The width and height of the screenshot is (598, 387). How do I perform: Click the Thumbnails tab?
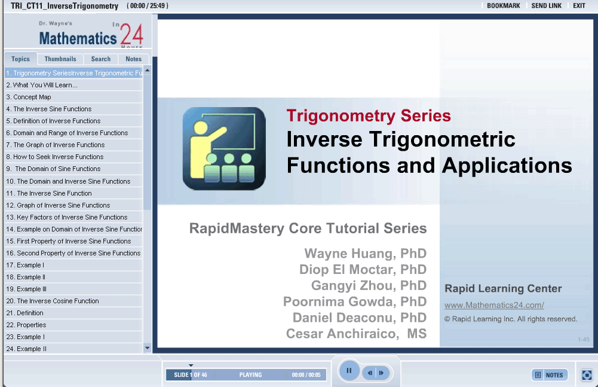click(60, 59)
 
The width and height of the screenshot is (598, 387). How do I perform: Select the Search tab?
click(101, 59)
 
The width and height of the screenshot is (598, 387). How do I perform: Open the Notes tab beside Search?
click(133, 59)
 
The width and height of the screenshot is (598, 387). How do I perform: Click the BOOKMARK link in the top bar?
click(504, 6)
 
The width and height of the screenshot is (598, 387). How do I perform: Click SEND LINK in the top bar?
click(547, 6)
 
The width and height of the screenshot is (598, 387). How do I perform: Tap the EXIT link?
click(579, 6)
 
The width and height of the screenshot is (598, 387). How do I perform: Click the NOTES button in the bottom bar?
click(550, 375)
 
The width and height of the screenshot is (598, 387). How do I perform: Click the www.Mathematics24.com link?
click(494, 305)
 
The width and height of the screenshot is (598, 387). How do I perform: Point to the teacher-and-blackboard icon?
click(224, 148)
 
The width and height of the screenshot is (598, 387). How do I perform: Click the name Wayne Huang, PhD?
click(366, 254)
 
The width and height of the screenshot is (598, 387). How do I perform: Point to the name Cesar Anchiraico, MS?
click(356, 334)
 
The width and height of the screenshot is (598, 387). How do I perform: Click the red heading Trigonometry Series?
click(369, 116)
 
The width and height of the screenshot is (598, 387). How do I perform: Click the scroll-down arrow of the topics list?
click(147, 348)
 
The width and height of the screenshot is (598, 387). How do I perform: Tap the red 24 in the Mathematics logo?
click(131, 34)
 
